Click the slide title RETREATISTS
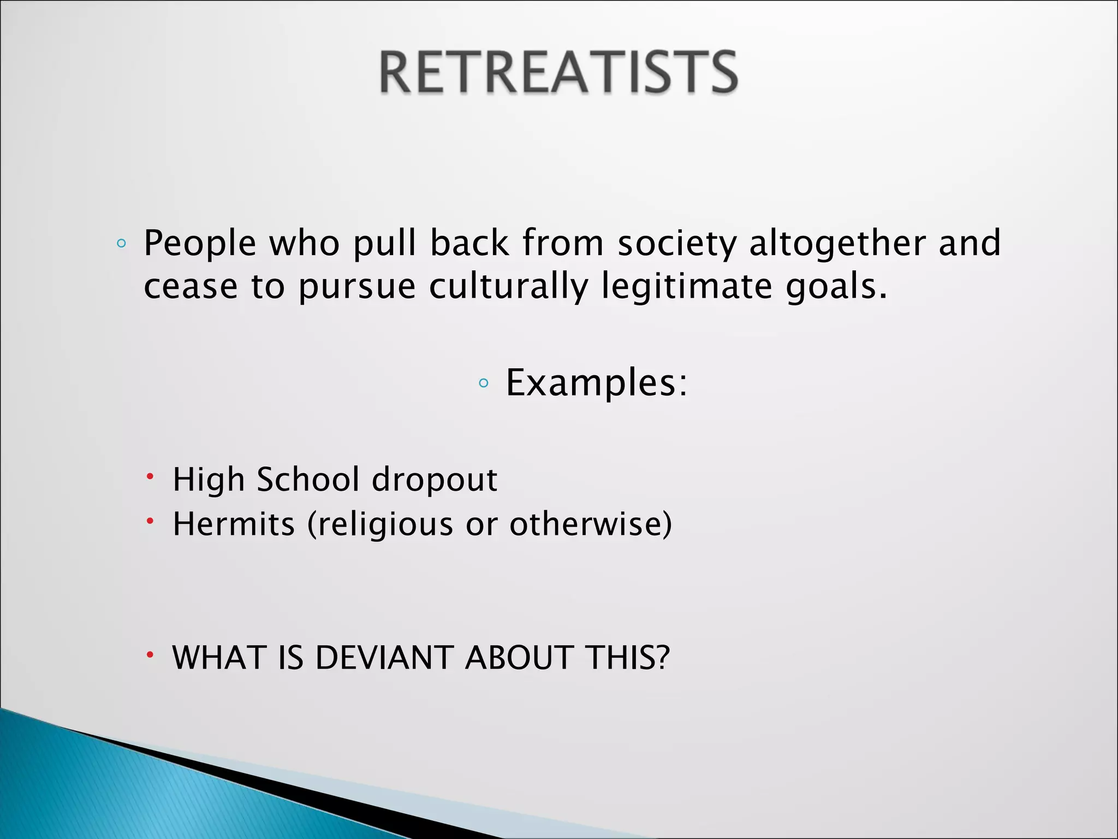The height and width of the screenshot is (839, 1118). [x=558, y=72]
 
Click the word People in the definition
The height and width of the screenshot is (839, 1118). [x=200, y=244]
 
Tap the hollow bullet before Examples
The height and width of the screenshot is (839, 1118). [x=483, y=383]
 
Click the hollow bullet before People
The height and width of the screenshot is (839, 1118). [x=121, y=244]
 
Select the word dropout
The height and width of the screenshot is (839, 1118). [x=435, y=480]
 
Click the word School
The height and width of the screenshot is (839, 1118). [x=308, y=480]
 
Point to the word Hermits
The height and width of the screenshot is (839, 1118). [x=234, y=524]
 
